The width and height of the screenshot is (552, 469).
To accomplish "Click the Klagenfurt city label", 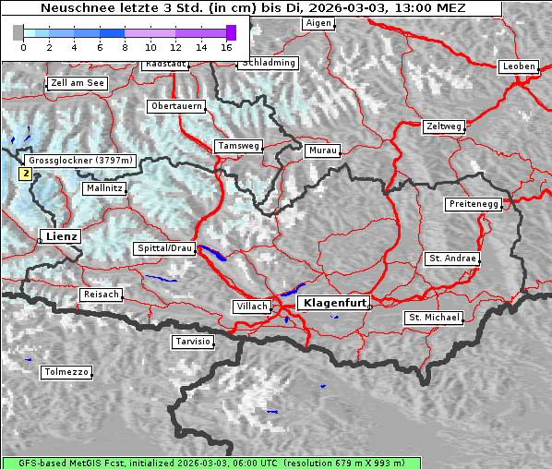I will (x=336, y=302).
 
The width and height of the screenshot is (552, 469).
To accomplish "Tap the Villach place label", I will (x=252, y=307).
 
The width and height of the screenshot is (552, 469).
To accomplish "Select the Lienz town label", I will (x=61, y=236).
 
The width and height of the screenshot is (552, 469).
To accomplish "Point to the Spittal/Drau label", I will (x=165, y=248).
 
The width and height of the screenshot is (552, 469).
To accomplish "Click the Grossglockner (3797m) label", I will (x=81, y=161).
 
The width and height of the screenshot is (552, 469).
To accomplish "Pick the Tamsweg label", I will (x=239, y=146).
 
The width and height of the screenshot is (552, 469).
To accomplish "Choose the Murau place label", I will (x=323, y=150).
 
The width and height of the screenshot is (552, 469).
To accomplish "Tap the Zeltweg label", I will (x=444, y=126).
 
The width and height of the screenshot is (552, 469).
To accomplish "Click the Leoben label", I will (x=518, y=66).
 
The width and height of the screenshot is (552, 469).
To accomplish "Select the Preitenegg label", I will (x=474, y=204).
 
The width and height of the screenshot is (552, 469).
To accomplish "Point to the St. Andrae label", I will (x=452, y=259).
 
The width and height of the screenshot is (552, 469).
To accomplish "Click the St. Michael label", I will (x=434, y=318).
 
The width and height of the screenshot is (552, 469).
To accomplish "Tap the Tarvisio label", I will (x=194, y=342).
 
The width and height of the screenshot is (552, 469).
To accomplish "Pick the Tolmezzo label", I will (x=66, y=373).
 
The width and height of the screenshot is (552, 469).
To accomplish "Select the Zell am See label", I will (x=77, y=83).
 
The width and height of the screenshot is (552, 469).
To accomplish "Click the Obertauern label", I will (x=176, y=106).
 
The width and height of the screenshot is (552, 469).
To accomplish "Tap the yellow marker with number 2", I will (x=26, y=173).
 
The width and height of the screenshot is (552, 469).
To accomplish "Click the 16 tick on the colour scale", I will (x=226, y=46).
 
